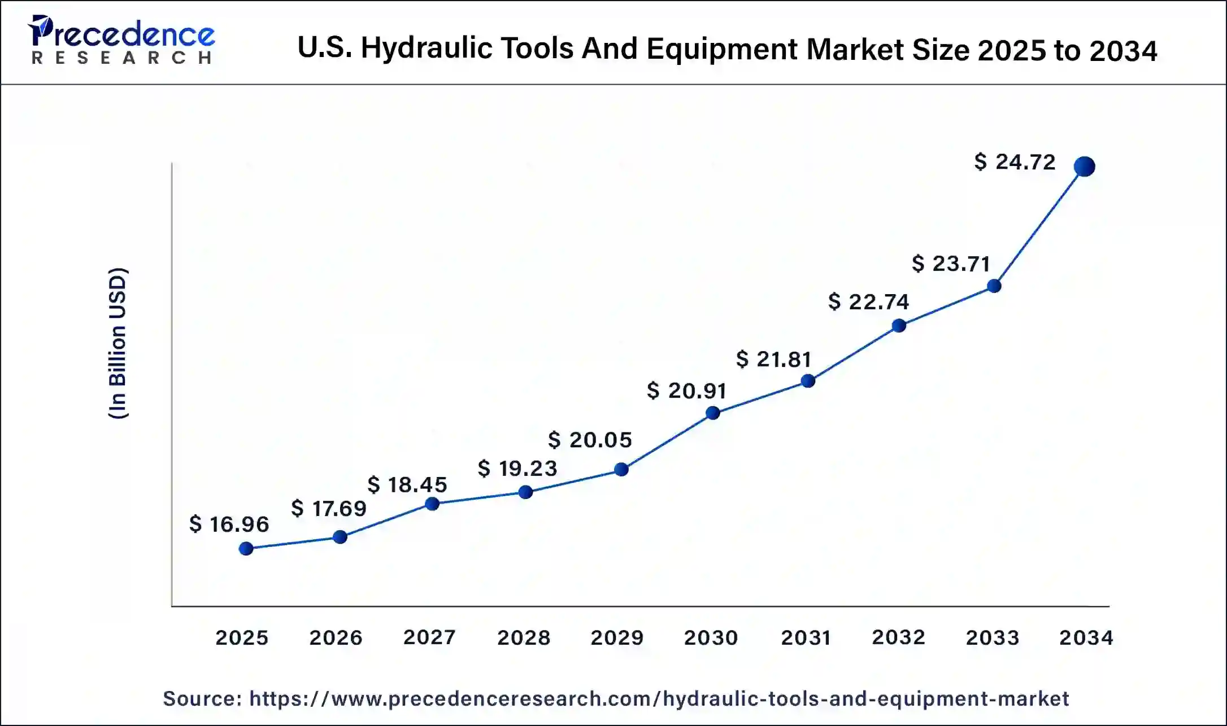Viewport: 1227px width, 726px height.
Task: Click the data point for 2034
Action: (x=1084, y=167)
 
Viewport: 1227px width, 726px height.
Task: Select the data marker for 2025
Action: (x=246, y=549)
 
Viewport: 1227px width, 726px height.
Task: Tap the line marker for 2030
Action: (x=713, y=413)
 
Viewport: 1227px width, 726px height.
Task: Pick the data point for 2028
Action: (x=525, y=492)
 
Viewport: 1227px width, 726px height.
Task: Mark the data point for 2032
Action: (x=899, y=326)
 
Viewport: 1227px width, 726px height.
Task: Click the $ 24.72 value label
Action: (x=1015, y=162)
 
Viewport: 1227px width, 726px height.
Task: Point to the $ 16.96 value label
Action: (x=229, y=524)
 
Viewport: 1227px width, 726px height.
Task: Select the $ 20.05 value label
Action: (x=590, y=440)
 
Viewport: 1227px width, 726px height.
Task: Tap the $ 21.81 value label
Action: (x=773, y=359)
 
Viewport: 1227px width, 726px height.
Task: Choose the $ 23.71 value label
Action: (x=951, y=264)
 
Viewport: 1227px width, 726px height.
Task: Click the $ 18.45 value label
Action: (x=407, y=484)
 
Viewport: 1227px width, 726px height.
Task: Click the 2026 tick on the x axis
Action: (x=336, y=637)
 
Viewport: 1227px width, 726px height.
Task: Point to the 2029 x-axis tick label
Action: (x=617, y=637)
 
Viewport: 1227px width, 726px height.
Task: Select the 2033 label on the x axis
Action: (x=992, y=637)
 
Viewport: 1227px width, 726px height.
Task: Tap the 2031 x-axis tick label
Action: (x=806, y=637)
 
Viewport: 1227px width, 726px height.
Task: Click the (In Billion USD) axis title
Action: (x=118, y=343)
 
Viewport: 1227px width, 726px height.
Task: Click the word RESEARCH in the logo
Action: (x=121, y=58)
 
